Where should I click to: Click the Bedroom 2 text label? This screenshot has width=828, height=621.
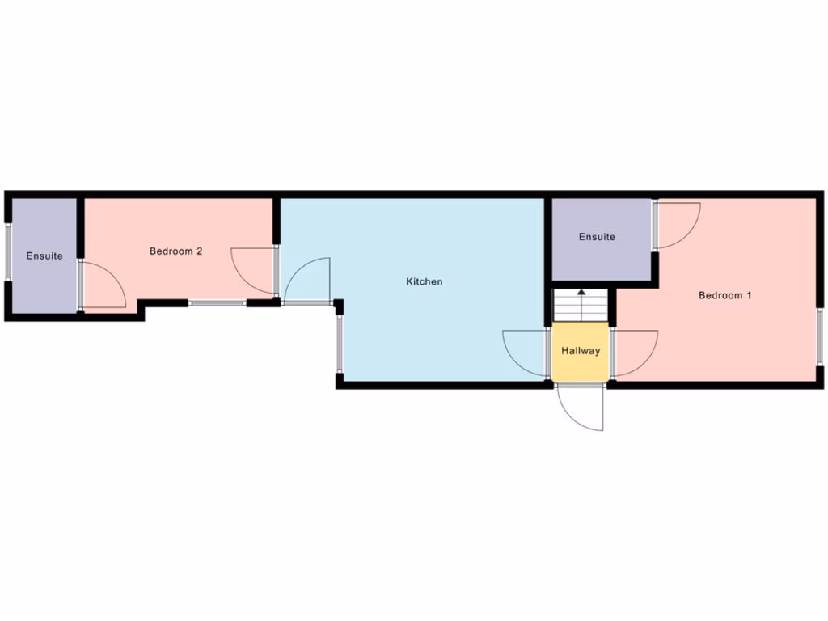175,251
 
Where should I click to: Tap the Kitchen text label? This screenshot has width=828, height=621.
425,282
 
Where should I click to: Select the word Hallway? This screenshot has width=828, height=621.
581,351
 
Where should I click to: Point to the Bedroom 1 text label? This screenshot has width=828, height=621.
725,295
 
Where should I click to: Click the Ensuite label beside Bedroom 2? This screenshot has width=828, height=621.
44,256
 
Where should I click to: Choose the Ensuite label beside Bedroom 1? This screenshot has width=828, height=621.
597,237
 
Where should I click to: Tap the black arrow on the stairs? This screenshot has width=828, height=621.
581,294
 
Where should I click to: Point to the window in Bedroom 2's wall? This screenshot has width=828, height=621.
218,302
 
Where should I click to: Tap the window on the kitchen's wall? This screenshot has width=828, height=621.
340,344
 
